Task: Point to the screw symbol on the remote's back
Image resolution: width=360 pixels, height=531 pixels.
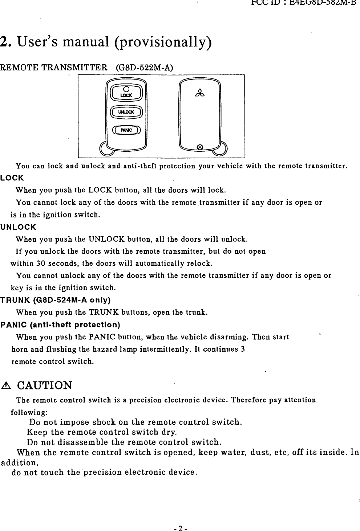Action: [x=199, y=147]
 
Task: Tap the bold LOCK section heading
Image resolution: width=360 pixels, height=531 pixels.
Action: [x=12, y=178]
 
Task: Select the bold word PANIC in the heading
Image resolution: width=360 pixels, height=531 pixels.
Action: [x=14, y=324]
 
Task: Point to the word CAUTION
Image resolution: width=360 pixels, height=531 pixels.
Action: [x=45, y=385]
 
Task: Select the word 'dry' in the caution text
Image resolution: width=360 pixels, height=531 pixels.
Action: [x=169, y=433]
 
